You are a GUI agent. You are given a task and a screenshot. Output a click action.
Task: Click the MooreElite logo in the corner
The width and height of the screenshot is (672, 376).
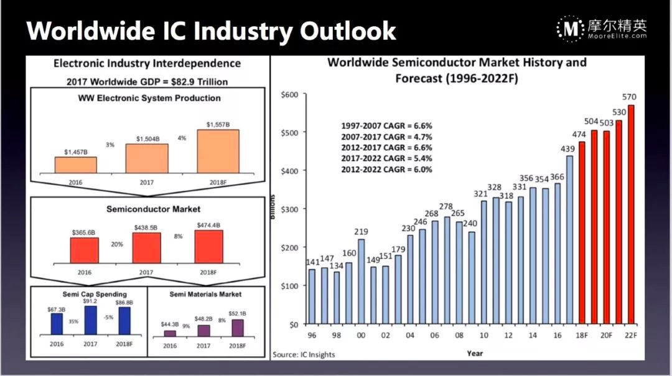click(602, 28)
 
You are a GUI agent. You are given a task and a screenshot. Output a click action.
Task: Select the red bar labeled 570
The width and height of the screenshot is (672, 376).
click(631, 214)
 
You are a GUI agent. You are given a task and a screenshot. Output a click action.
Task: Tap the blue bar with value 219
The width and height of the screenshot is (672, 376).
click(362, 282)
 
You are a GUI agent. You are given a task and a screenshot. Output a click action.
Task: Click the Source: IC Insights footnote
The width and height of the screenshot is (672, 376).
click(304, 355)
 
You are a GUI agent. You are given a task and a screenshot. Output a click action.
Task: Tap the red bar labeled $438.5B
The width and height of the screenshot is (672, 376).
click(147, 247)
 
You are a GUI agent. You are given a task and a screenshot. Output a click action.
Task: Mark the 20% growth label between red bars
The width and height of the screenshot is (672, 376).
click(116, 244)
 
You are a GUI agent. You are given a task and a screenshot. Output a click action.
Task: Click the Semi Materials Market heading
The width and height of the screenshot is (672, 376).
click(206, 294)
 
